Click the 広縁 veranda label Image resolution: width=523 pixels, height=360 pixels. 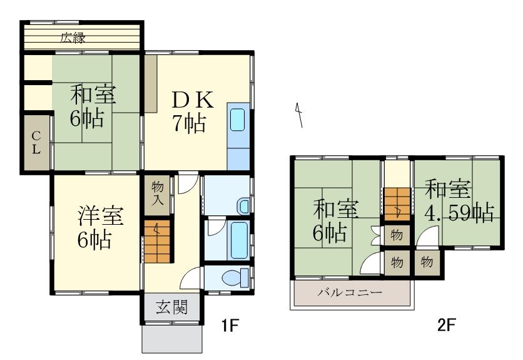[x=73, y=37]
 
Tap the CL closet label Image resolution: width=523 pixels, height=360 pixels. [x=36, y=142]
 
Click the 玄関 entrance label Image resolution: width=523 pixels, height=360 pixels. [x=171, y=307]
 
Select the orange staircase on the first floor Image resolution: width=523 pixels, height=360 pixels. [x=158, y=241]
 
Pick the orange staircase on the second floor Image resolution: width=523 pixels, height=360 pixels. [x=396, y=204]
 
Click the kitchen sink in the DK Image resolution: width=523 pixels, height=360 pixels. [x=237, y=119]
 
